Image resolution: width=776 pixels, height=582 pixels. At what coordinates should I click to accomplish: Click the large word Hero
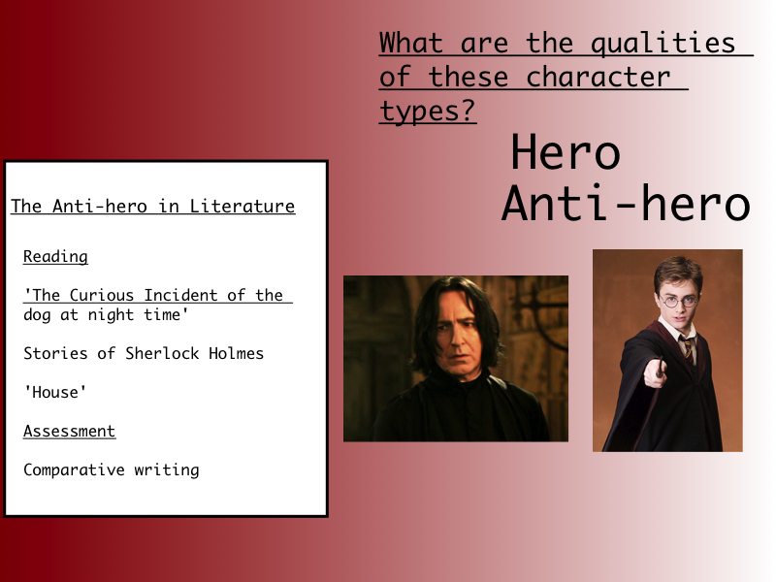coord(566,152)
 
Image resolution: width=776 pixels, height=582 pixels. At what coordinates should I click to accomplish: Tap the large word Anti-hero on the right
coord(626,203)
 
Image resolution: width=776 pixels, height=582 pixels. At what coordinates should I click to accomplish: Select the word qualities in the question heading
coord(663,43)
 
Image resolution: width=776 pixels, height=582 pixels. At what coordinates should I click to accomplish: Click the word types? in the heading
coord(427,111)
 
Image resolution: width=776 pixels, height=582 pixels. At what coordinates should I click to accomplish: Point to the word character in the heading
coord(598,77)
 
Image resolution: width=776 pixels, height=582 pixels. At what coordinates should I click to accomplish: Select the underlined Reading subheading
coord(55,256)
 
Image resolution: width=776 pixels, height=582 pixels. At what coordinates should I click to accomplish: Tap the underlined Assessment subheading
coord(69,431)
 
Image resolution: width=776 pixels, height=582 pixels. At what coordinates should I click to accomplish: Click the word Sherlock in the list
coord(162,353)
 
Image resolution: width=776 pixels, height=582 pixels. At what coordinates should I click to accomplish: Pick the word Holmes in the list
coord(236,353)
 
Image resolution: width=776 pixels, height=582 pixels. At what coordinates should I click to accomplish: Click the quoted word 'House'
coord(55,392)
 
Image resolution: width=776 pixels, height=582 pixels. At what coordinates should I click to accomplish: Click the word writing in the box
coord(166,469)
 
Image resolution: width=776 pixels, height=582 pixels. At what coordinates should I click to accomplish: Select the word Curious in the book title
coord(102,295)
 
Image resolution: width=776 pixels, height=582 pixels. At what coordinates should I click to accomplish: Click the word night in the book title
coord(111,315)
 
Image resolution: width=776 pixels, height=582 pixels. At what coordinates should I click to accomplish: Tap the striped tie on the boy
coord(688,347)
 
